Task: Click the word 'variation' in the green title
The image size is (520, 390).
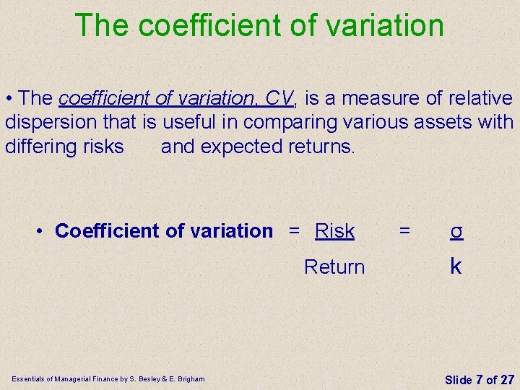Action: pyautogui.click(x=385, y=25)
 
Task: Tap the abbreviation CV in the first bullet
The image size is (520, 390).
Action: pyautogui.click(x=278, y=97)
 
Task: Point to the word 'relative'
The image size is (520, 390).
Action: pyautogui.click(x=480, y=97)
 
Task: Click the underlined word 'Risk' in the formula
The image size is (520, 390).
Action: pyautogui.click(x=335, y=231)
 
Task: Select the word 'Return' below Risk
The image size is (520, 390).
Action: pyautogui.click(x=334, y=267)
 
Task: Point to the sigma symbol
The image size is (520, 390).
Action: pyautogui.click(x=456, y=231)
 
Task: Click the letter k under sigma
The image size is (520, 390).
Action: pyautogui.click(x=456, y=266)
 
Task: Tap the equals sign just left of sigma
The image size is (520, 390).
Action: pyautogui.click(x=404, y=231)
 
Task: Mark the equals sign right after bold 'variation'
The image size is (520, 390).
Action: pyautogui.click(x=294, y=231)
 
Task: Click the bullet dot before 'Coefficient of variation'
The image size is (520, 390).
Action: pyautogui.click(x=43, y=231)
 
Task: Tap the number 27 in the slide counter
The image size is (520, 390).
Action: pyautogui.click(x=507, y=379)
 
